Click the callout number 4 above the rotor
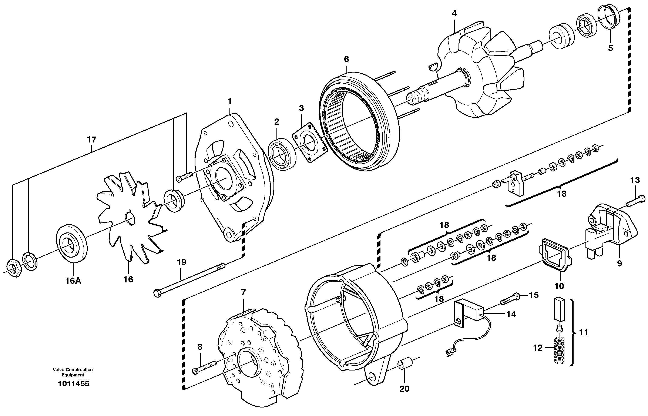[455, 13]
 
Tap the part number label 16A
[73, 281]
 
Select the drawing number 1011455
[73, 384]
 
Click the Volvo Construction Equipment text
[73, 372]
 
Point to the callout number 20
[404, 389]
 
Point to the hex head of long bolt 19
[157, 293]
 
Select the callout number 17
[92, 140]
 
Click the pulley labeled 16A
[72, 243]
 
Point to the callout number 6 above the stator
[347, 59]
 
